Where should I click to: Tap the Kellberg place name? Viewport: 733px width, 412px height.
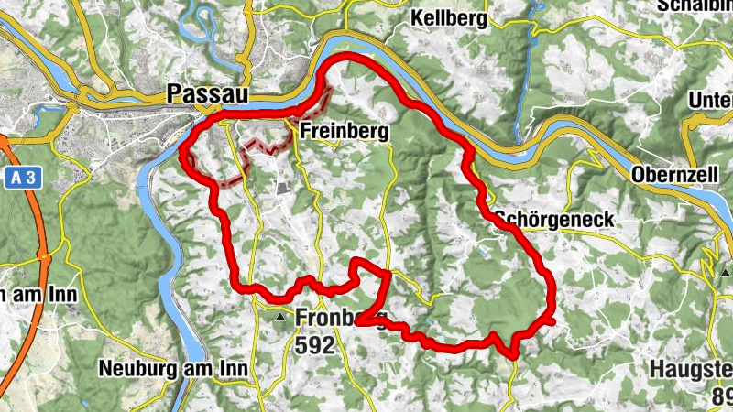point(449,18)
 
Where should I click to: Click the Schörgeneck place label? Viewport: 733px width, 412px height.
point(553,220)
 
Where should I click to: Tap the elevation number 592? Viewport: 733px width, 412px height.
point(315,344)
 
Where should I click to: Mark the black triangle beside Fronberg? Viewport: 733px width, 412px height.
point(279,318)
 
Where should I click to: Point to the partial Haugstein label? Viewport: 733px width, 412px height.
point(691,369)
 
